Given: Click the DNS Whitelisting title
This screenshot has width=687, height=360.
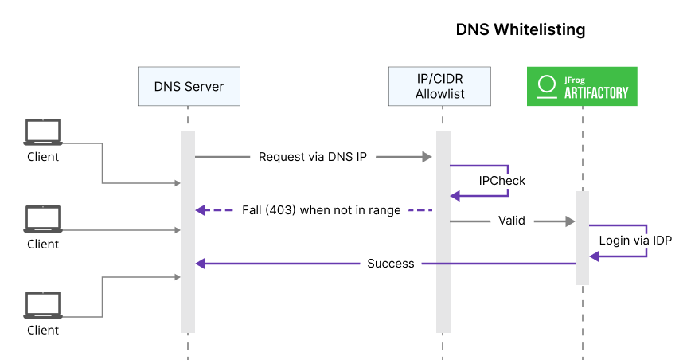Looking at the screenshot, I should [520, 29].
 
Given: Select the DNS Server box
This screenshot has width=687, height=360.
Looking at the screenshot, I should [188, 86].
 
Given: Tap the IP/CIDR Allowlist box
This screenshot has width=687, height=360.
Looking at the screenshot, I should [439, 86].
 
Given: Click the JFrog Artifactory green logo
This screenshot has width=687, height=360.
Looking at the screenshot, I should [582, 86].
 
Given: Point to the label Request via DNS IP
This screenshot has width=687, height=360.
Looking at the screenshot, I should [313, 157].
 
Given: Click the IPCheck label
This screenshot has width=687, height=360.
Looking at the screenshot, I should [502, 181].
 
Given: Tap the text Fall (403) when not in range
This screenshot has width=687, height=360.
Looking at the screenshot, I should [321, 210].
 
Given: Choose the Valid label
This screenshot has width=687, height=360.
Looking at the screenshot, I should [511, 221].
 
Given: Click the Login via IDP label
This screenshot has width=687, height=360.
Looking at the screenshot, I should [635, 238].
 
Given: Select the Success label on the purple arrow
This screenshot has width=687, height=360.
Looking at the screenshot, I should [390, 263].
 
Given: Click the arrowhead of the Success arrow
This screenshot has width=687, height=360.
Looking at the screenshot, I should [201, 263].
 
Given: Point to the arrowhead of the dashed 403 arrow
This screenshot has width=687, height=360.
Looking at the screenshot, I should [201, 210].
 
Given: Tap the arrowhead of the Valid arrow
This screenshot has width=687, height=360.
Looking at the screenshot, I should [569, 221].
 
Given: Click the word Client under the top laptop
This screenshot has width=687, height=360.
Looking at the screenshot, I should [42, 157].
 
